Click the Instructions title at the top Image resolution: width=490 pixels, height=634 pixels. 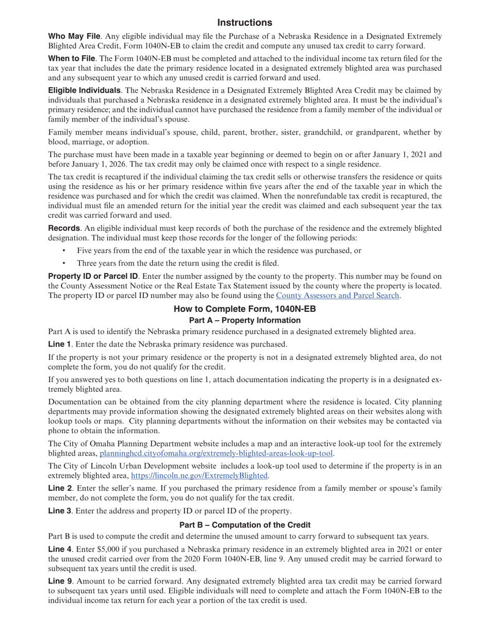[x=244, y=23]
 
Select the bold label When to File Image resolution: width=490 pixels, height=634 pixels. [x=71, y=59]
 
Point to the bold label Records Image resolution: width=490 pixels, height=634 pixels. [x=64, y=228]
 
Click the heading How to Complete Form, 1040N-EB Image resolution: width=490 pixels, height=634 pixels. [x=244, y=309]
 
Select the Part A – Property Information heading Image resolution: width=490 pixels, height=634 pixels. [x=244, y=321]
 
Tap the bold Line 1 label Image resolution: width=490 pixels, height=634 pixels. [x=59, y=344]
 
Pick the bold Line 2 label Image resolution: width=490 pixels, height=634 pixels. [x=59, y=489]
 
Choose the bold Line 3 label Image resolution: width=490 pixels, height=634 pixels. [x=59, y=511]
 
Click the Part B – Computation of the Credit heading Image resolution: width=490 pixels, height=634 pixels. [x=244, y=525]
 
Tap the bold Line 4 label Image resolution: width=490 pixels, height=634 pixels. [x=59, y=550]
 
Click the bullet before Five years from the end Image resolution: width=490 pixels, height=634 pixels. [x=64, y=251]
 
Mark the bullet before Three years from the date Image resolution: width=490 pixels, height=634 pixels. [x=64, y=263]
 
